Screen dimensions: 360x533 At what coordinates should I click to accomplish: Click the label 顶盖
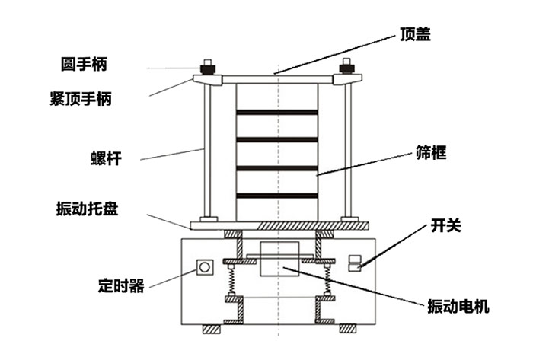416,33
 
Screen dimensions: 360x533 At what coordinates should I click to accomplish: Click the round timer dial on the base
205,267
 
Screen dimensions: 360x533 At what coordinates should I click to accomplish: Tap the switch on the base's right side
353,263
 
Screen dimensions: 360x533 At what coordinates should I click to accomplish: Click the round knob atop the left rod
206,65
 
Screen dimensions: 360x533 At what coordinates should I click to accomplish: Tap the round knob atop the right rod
346,65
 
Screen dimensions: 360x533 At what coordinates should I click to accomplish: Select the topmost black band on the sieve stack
276,113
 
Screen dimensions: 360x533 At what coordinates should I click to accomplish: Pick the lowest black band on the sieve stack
276,196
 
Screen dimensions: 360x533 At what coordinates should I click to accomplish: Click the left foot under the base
211,330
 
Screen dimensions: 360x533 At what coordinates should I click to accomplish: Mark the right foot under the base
348,330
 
